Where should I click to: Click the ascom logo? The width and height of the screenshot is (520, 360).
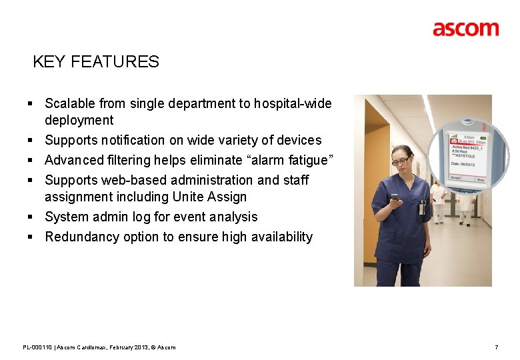465,29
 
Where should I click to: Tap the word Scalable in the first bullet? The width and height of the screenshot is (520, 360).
70,103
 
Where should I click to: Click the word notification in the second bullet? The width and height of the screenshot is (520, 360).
133,140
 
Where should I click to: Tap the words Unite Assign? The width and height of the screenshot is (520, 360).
209,197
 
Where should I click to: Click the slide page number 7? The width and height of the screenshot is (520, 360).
496,347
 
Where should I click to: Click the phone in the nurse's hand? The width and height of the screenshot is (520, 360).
395,198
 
